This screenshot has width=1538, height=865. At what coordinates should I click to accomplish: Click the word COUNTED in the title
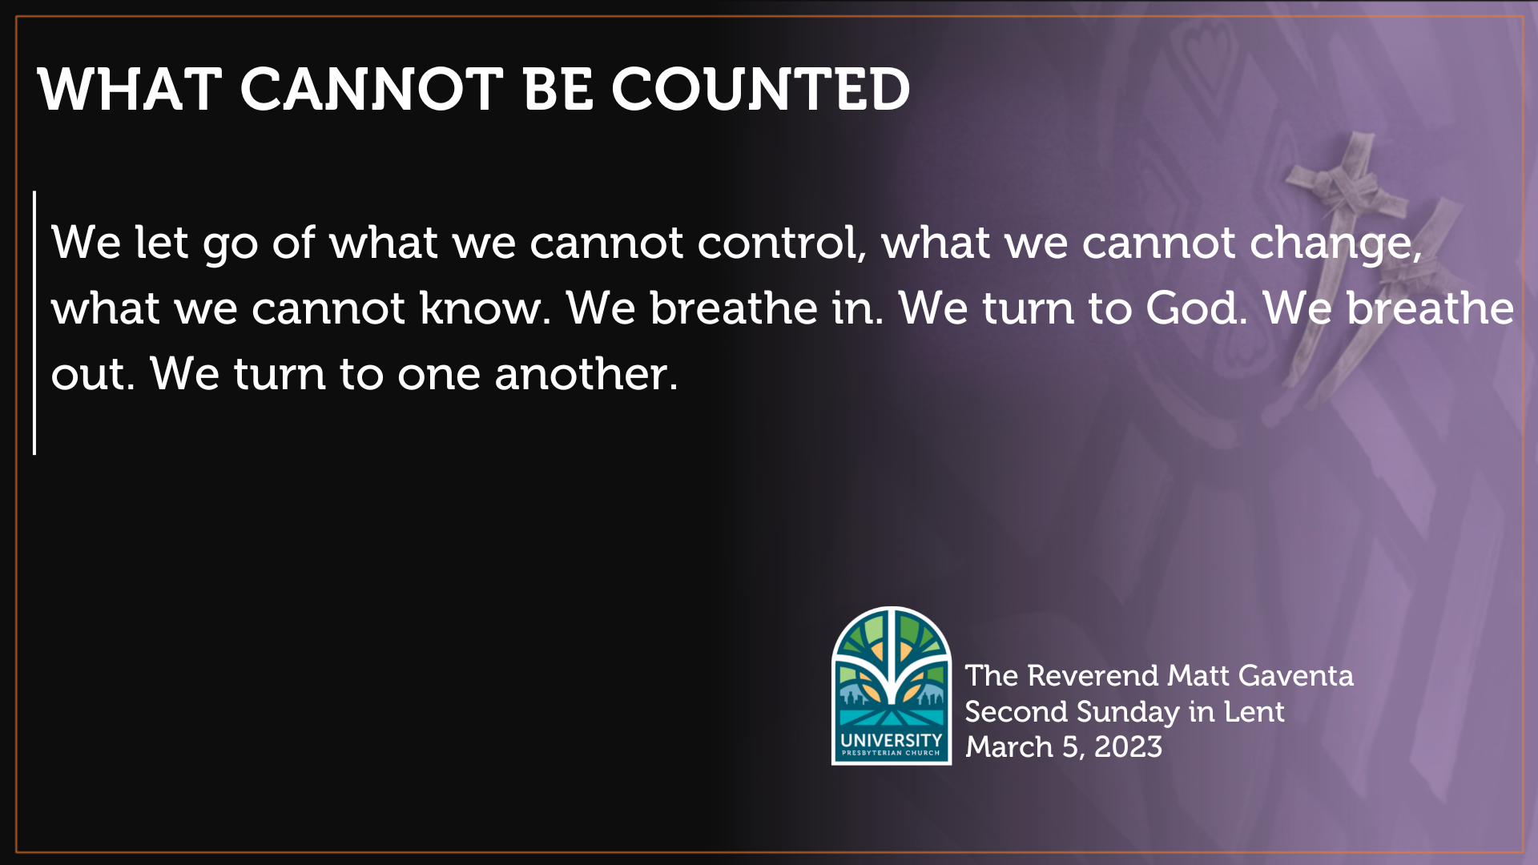point(760,89)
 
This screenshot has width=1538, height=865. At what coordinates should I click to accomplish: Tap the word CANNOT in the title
point(371,89)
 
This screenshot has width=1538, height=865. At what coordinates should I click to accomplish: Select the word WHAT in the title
point(129,89)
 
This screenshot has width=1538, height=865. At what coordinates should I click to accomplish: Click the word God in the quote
point(1196,308)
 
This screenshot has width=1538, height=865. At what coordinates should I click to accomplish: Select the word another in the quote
point(586,374)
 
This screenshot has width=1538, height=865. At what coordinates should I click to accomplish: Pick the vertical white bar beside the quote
point(34,322)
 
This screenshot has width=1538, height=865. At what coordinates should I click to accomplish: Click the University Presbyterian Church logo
point(892,685)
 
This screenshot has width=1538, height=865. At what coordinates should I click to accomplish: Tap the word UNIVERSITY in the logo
point(891,740)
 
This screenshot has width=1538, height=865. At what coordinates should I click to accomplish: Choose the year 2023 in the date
point(1128,747)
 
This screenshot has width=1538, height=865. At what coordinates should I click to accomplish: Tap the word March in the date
point(1009,747)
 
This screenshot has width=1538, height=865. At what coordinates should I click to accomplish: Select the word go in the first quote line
point(231,243)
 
